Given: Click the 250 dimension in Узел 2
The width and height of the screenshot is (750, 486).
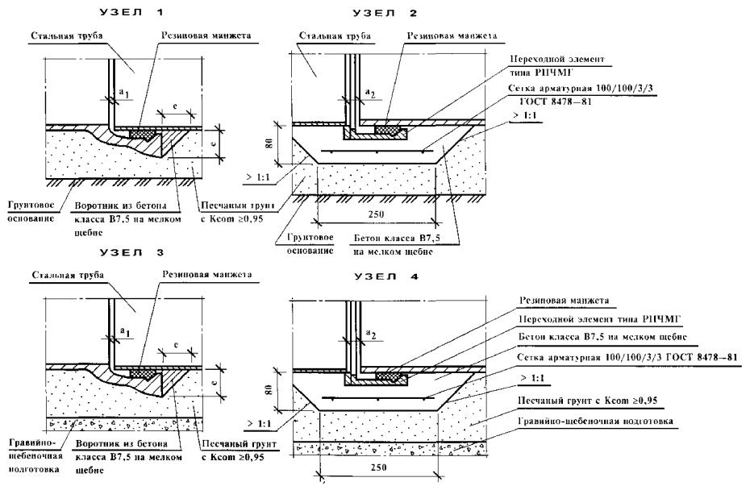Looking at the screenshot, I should click(373, 214).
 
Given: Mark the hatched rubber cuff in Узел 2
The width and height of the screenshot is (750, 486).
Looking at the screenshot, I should click(391, 127).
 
